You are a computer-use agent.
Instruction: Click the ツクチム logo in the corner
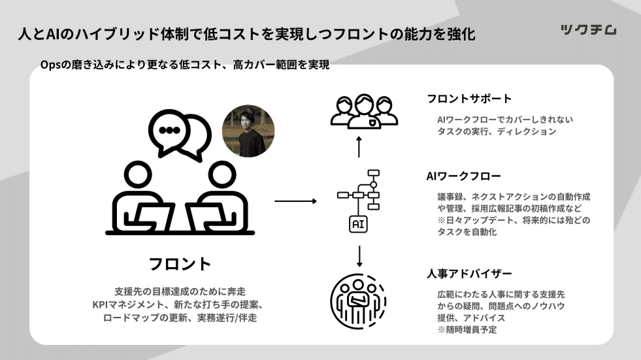pos(588,30)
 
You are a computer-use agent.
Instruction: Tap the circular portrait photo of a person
pos(248,130)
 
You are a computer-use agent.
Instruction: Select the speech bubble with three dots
pos(171,131)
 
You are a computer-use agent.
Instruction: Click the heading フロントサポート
pos(468,99)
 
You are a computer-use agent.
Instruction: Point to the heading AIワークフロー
pos(463,176)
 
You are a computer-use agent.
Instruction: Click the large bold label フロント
pos(180,264)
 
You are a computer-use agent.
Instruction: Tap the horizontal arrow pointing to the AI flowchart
pos(296,201)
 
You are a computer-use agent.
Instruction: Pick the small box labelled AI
pos(358,224)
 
